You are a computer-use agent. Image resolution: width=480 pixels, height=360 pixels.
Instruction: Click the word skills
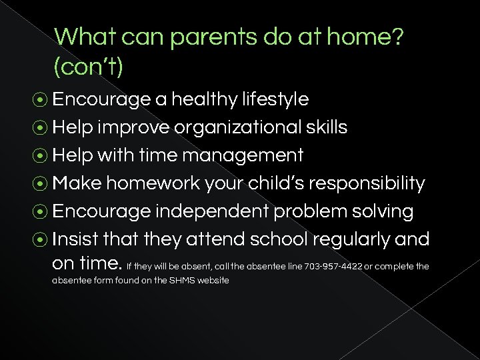326,127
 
